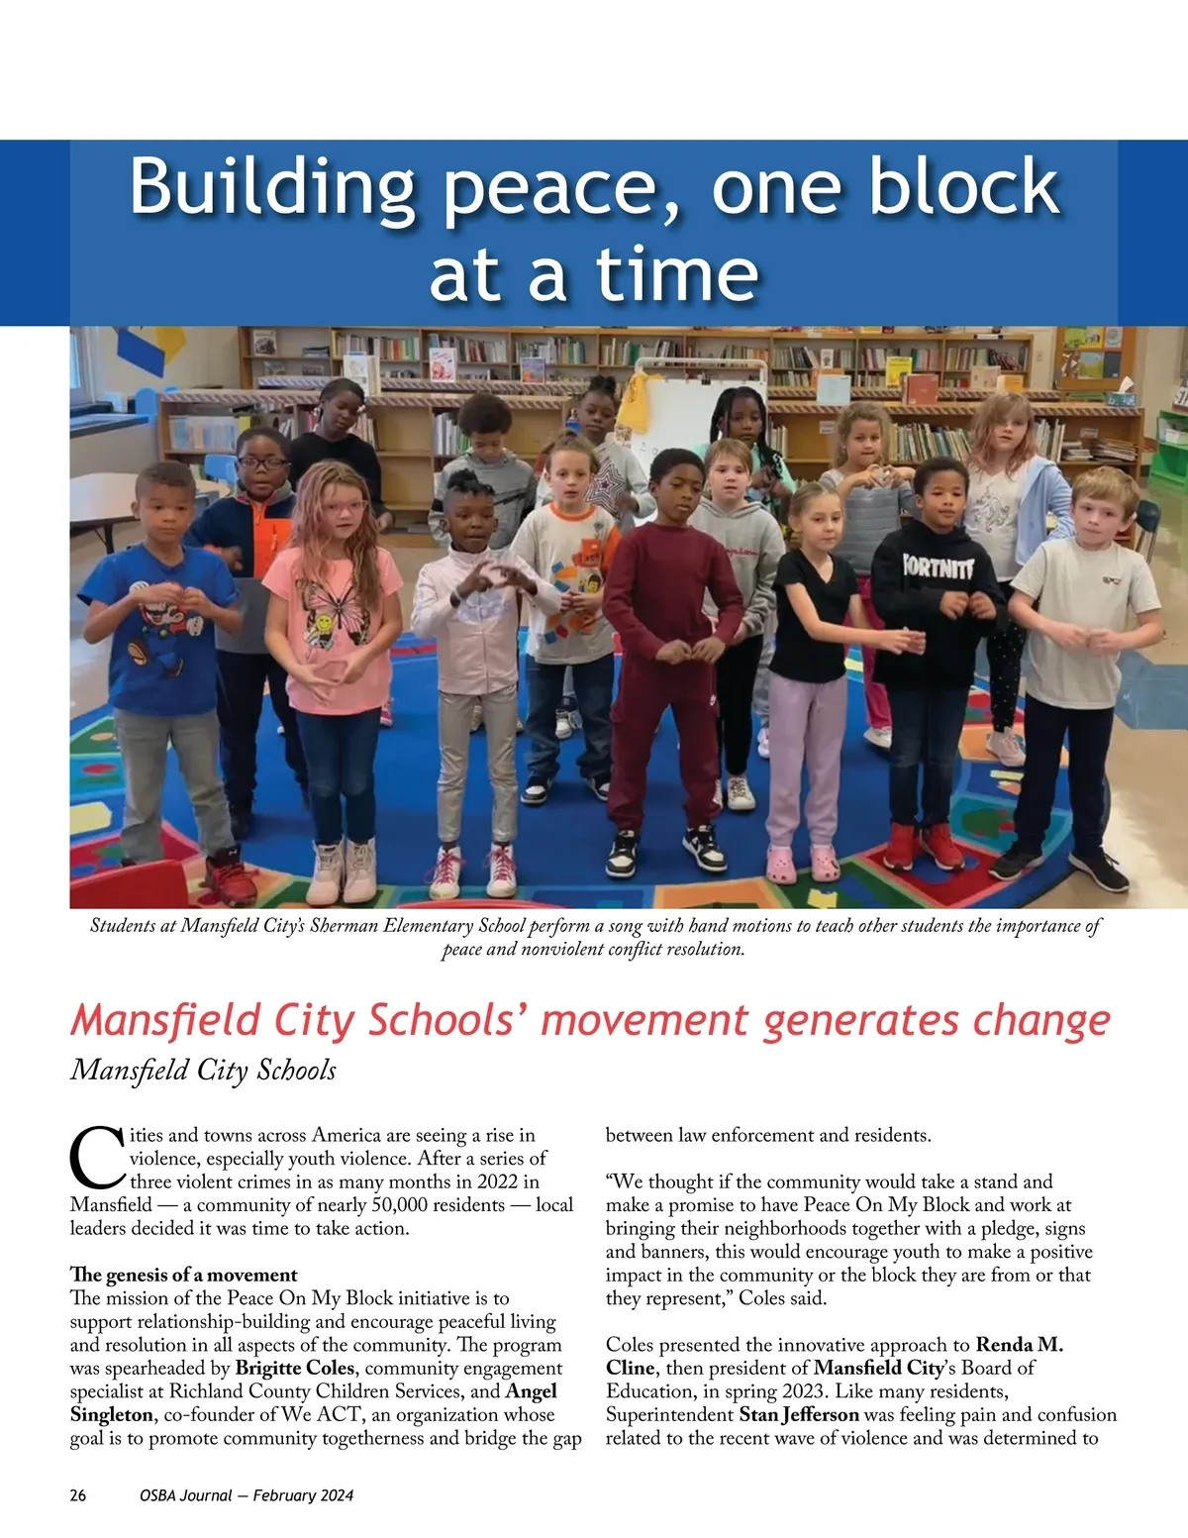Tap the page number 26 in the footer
point(78,1495)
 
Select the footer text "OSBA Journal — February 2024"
point(247,1495)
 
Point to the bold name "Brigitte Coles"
point(294,1369)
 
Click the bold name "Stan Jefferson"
point(799,1415)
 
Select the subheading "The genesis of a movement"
point(183,1275)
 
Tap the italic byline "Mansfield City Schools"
point(203,1071)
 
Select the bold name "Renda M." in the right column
point(1020,1345)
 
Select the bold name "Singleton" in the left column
point(112,1415)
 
